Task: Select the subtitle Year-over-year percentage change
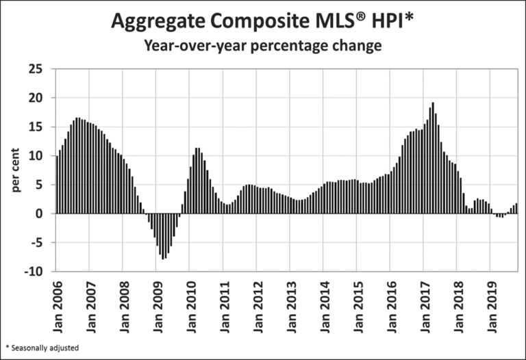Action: point(262,47)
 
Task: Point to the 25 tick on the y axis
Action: point(36,69)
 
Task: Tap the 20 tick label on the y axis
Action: point(36,98)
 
